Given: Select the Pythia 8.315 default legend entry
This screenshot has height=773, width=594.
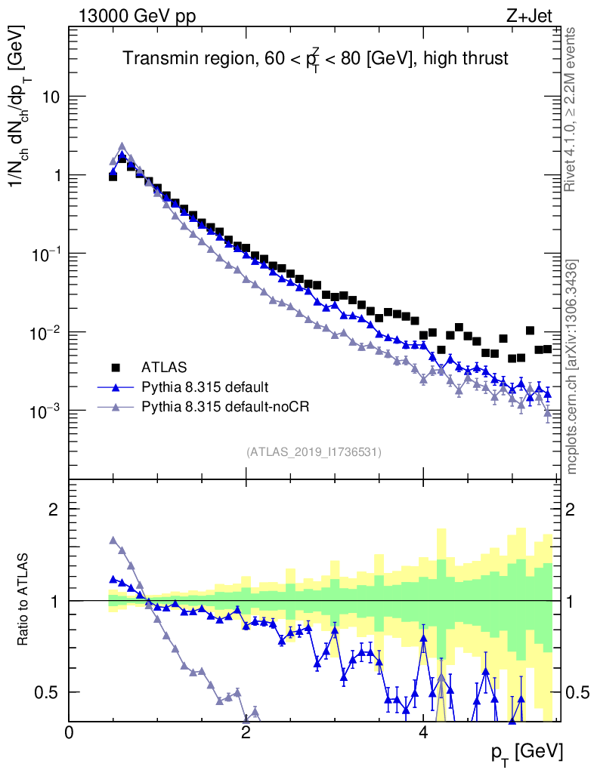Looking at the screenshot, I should pos(204,387).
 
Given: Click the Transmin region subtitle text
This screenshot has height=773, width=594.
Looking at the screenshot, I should pos(316,57).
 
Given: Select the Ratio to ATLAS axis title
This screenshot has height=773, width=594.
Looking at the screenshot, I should pos(25,601).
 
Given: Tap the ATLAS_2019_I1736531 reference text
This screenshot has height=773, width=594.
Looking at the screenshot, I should pos(314,452).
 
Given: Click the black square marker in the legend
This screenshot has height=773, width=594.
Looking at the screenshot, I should pos(116,368).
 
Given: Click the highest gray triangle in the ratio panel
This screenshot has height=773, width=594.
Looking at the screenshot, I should pos(113,540).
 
